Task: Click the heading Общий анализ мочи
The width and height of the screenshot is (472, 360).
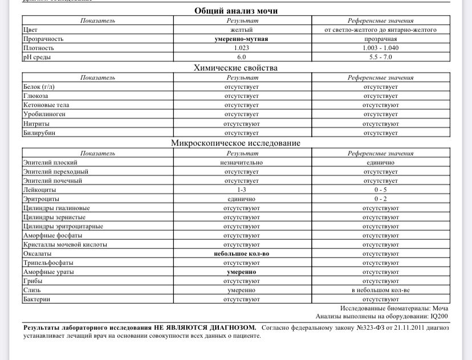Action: coord(236,11)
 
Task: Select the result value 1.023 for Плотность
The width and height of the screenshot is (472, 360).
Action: coord(242,48)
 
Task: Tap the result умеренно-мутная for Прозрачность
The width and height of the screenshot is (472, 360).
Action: coord(242,39)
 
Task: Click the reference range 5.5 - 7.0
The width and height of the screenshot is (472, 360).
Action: coord(380,58)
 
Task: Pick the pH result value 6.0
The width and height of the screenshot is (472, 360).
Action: coord(242,58)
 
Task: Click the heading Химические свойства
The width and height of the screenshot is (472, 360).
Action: coord(236,68)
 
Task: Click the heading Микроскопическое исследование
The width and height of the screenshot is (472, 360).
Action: coord(236,143)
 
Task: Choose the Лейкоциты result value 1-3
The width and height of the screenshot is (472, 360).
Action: coord(242,190)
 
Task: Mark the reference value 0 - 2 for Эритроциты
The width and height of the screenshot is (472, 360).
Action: coord(380,199)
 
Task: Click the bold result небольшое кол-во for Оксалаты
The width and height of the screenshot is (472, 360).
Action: coord(242,254)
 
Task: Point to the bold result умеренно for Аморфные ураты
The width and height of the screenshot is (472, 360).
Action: coord(242,272)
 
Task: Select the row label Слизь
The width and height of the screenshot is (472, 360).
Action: coord(32,291)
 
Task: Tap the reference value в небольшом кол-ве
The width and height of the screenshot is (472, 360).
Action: coord(380,291)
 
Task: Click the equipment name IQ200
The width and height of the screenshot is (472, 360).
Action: coord(439,316)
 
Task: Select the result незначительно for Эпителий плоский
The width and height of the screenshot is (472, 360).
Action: coord(242,162)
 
